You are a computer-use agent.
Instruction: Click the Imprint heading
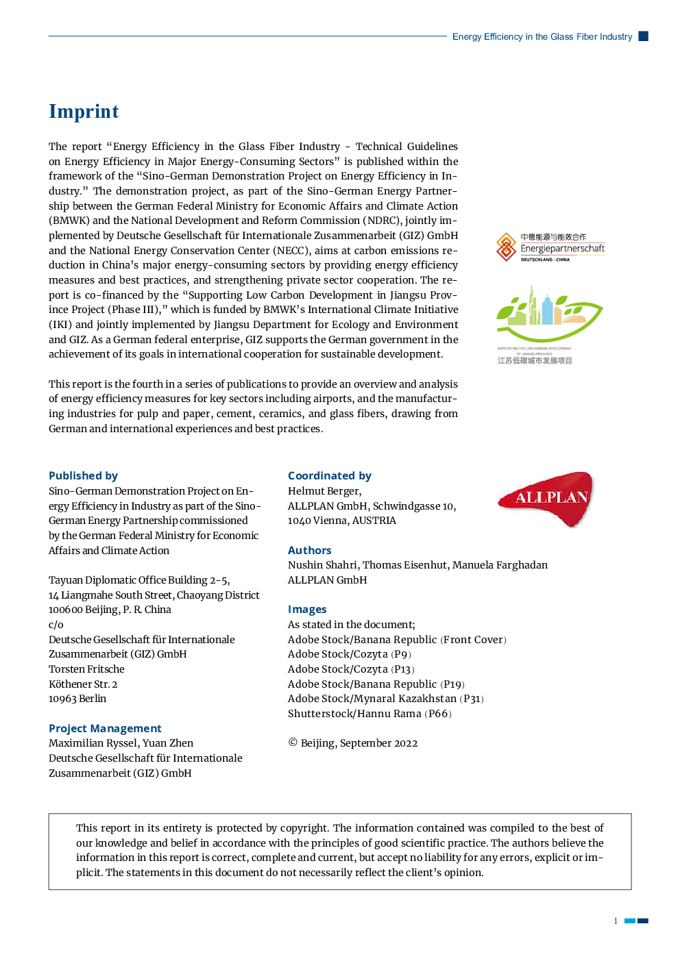pos(84,112)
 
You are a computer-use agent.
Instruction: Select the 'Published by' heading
pos(83,475)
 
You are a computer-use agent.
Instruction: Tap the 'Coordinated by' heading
pos(330,475)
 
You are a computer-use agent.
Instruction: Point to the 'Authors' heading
pos(309,550)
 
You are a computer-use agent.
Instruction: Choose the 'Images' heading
pos(307,609)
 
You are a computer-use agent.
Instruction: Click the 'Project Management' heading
pos(105,728)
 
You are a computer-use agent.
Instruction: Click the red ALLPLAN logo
pos(546,499)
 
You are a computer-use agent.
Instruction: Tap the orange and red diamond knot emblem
pos(506,247)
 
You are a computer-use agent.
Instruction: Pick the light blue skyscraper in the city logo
pos(547,310)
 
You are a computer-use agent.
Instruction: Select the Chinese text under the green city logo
pos(535,360)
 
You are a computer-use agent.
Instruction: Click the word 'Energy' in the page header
pos(467,37)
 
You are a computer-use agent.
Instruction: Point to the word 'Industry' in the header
pos(616,37)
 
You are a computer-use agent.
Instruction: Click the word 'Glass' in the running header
pos(561,37)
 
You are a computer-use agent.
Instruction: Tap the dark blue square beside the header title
pos(643,36)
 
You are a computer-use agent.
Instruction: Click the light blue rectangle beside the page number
pos(630,921)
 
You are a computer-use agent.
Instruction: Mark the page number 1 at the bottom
pos(616,921)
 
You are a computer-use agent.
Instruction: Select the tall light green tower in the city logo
pos(531,304)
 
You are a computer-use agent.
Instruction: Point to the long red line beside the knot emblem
pos(563,242)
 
